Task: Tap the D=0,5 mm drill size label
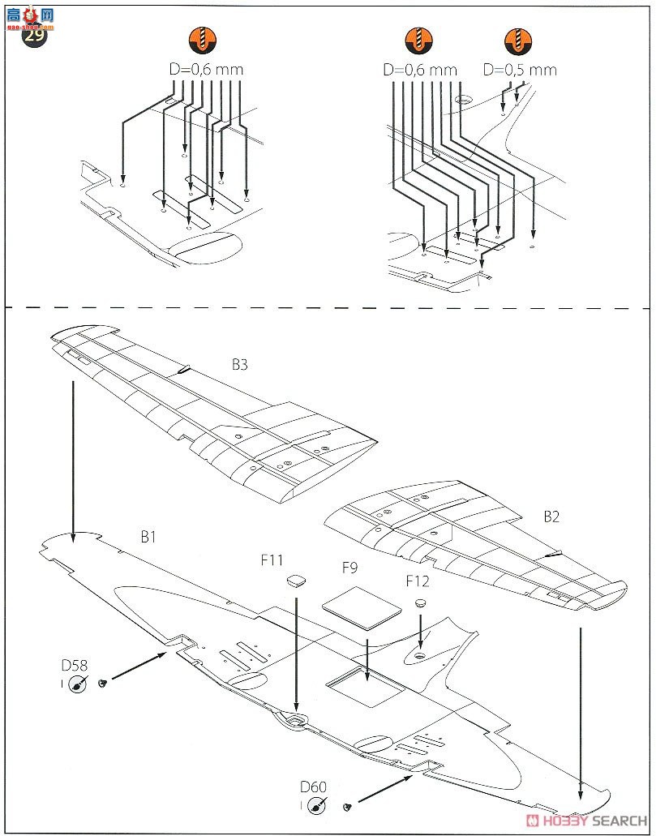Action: coord(520,70)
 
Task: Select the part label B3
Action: coord(239,365)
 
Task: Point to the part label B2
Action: coord(551,516)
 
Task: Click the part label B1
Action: coord(148,536)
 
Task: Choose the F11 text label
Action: coord(272,560)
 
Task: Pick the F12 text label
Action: coord(418,581)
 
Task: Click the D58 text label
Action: coord(74,666)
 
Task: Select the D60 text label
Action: coord(312,787)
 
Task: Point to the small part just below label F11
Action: coord(296,581)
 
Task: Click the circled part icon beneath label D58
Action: coord(78,684)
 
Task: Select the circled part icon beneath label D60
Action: coord(317,805)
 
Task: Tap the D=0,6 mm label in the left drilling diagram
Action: coord(206,70)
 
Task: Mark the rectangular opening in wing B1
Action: coord(364,688)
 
